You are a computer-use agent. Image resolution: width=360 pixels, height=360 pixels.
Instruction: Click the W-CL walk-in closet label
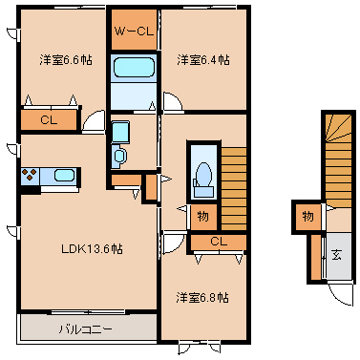coord(134,31)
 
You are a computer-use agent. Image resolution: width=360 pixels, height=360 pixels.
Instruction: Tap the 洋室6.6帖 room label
coord(66,60)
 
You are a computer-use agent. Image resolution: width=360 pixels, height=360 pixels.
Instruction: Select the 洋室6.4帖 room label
coord(203,60)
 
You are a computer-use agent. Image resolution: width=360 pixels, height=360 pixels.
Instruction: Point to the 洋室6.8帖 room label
coord(202,298)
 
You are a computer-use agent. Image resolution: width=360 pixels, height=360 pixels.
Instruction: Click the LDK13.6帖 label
coord(92,248)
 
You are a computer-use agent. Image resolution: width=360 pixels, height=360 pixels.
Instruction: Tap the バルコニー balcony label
coord(85,328)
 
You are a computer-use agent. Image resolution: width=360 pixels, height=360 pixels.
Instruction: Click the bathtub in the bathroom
coord(134,67)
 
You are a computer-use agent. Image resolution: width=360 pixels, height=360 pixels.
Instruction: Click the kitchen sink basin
coord(64,176)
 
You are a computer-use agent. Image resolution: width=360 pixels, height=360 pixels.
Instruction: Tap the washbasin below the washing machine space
coord(119,156)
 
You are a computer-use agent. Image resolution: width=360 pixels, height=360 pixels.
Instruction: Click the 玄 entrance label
coord(336,255)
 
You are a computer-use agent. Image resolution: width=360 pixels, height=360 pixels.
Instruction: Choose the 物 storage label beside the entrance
coord(307,217)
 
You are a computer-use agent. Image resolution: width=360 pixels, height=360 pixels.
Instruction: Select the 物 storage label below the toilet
coord(202,217)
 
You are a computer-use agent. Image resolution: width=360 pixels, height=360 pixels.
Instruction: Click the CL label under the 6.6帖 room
coord(49,120)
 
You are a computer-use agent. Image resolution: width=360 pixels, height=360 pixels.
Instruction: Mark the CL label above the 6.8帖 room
coord(219,242)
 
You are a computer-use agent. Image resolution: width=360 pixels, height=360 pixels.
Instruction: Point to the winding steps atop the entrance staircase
coord(338,128)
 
